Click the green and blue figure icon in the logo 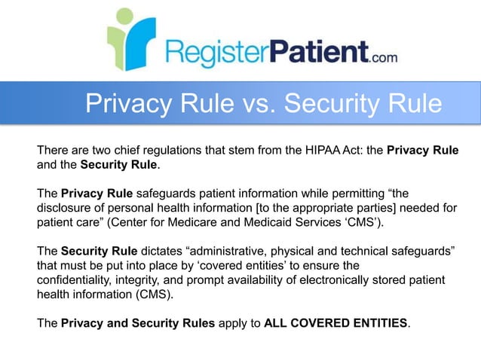[130, 38]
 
